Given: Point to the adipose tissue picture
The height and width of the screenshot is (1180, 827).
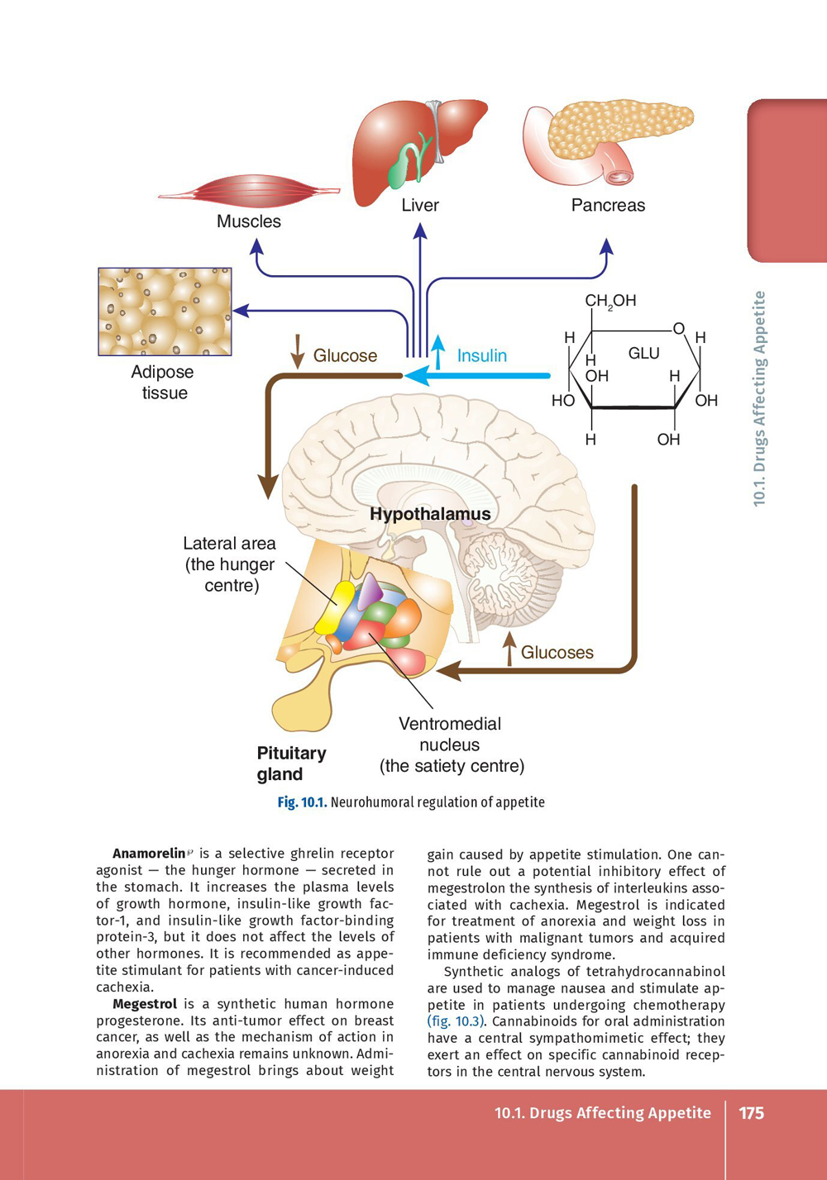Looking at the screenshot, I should pyautogui.click(x=165, y=312).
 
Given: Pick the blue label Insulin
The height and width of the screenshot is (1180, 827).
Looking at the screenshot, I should pyautogui.click(x=481, y=356).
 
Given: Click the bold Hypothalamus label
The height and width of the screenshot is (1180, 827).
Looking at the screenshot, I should pyautogui.click(x=430, y=514).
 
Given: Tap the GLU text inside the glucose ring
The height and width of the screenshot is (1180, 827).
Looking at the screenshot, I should pyautogui.click(x=643, y=354).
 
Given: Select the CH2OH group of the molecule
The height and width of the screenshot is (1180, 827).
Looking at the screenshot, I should pyautogui.click(x=610, y=301).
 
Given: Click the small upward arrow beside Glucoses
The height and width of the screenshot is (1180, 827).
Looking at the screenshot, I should pyautogui.click(x=510, y=649).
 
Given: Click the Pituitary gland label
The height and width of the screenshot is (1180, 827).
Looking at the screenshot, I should pyautogui.click(x=290, y=764).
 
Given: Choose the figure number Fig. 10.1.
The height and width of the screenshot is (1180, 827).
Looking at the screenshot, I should pyautogui.click(x=302, y=802).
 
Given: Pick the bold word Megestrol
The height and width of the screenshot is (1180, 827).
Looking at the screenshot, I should pyautogui.click(x=145, y=1004).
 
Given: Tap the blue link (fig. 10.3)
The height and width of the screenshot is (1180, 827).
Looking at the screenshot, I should pyautogui.click(x=456, y=1021).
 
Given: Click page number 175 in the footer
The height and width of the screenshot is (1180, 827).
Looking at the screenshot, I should pyautogui.click(x=751, y=1113).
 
